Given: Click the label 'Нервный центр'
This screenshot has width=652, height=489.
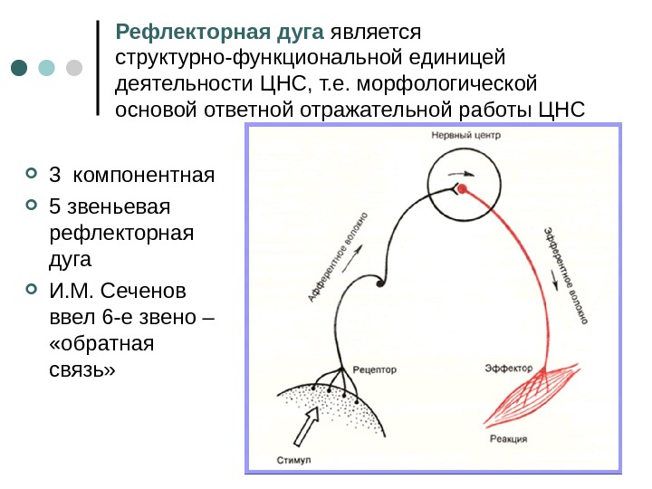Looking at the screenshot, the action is [x=465, y=135].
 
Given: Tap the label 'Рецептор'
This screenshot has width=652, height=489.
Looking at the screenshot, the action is [x=375, y=369].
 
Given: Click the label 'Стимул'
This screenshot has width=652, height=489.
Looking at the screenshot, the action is [x=292, y=460].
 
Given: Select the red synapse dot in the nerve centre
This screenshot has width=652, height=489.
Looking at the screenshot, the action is [x=462, y=188].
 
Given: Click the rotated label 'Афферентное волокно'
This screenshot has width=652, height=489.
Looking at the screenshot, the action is [x=338, y=258].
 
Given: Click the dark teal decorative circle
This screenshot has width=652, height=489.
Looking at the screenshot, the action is [x=21, y=68].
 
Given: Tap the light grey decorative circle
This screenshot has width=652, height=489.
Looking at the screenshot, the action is [x=74, y=68].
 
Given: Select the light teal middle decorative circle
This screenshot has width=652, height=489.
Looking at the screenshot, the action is [x=48, y=68].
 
